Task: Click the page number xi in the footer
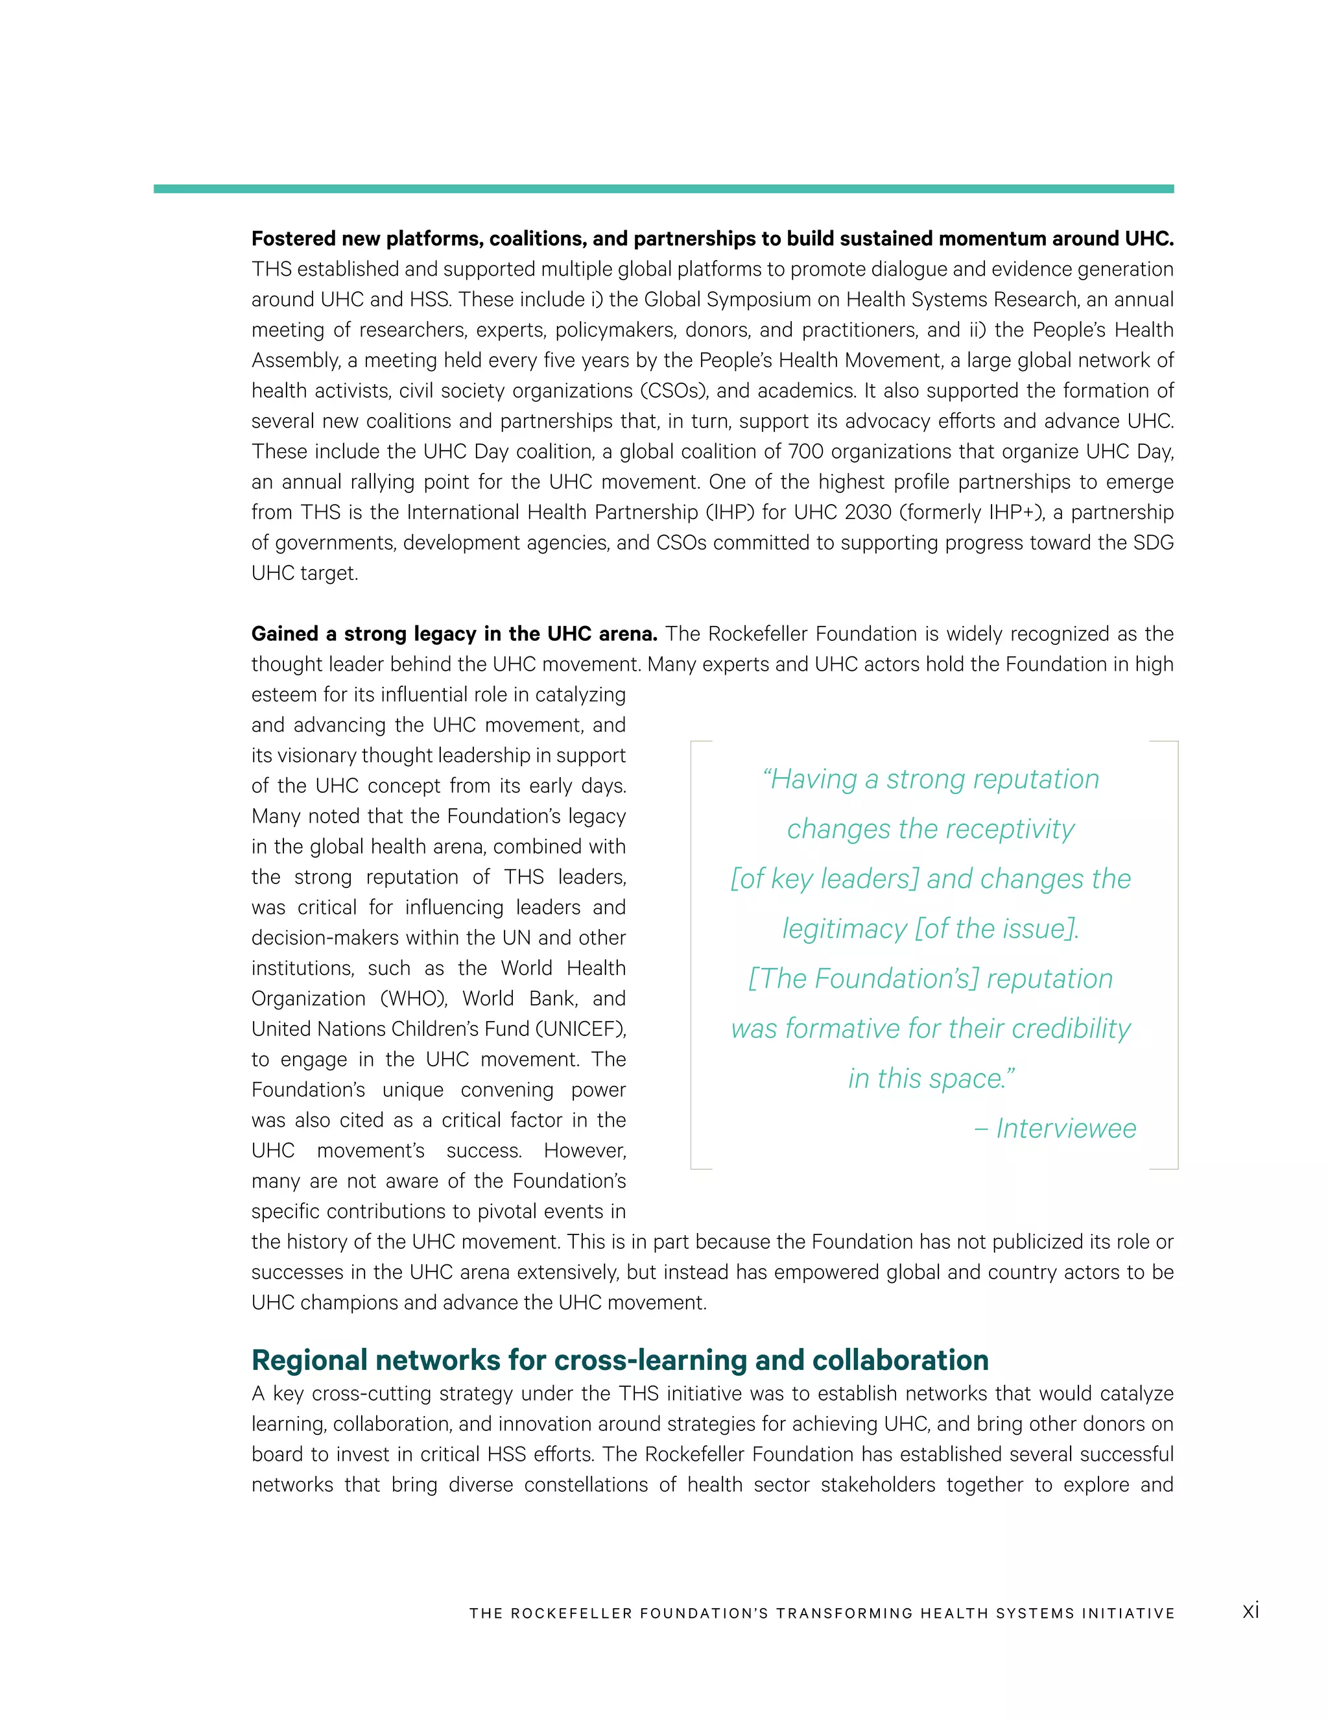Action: [x=1250, y=1611]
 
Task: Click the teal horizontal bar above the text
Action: [x=663, y=189]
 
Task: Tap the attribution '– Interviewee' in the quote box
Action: [x=1055, y=1128]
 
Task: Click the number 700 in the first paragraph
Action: [x=804, y=451]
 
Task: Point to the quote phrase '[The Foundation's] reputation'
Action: [x=931, y=978]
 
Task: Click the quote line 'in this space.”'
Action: [x=931, y=1078]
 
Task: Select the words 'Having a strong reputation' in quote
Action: [x=931, y=779]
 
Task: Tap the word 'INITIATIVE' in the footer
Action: [x=1128, y=1613]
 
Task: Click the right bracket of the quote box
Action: [x=1176, y=955]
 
